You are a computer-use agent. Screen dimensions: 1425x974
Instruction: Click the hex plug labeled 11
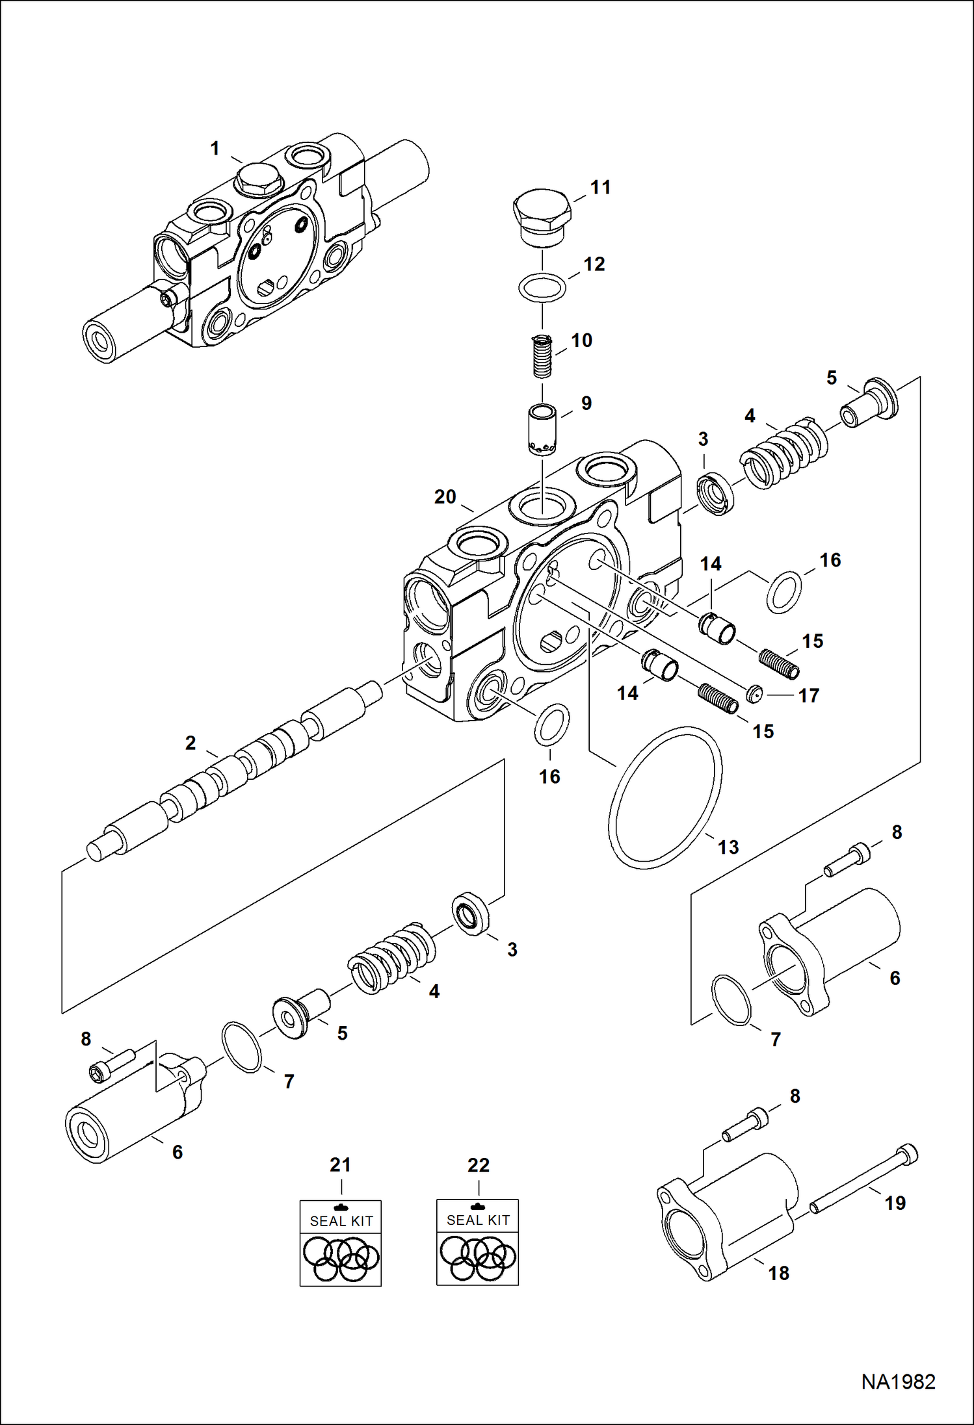click(542, 217)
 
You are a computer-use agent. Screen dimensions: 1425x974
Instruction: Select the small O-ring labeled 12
click(542, 287)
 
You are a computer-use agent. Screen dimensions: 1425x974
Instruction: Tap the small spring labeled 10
click(542, 355)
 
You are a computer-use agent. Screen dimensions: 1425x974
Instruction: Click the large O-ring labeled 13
click(665, 797)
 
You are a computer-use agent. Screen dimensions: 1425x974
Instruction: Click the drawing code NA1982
click(898, 1381)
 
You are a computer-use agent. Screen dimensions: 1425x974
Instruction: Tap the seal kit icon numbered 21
click(340, 1242)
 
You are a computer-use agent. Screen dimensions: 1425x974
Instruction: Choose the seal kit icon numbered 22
click(477, 1242)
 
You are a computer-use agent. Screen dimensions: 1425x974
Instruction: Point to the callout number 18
click(778, 1273)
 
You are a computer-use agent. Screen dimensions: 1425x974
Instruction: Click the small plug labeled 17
click(754, 694)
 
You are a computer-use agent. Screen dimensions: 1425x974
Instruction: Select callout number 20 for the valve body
click(445, 497)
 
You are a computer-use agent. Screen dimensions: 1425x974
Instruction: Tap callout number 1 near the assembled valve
click(215, 149)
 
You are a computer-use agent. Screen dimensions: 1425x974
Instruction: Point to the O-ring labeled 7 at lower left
click(241, 1046)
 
